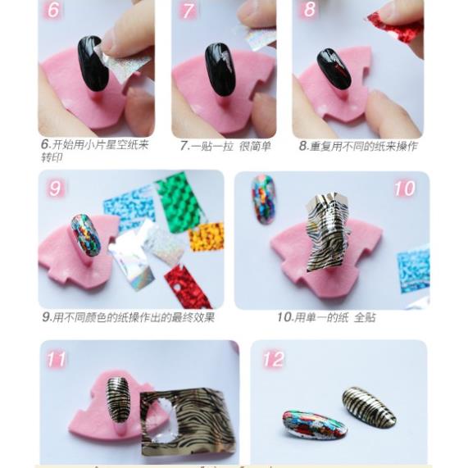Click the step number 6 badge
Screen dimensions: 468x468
click(x=54, y=11)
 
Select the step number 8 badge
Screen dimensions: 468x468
click(x=309, y=10)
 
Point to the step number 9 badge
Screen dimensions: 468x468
click(x=55, y=189)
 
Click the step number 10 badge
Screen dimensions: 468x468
click(x=404, y=189)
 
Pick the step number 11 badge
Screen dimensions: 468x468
click(x=57, y=359)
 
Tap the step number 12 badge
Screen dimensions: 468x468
click(x=273, y=359)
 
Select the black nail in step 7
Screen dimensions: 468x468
click(x=220, y=69)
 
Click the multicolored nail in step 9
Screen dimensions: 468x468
click(x=85, y=235)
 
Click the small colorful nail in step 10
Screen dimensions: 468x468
click(x=263, y=198)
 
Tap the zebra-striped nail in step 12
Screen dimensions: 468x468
click(x=368, y=407)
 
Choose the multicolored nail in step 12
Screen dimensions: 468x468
click(x=314, y=425)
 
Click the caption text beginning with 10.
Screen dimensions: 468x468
click(x=325, y=317)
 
